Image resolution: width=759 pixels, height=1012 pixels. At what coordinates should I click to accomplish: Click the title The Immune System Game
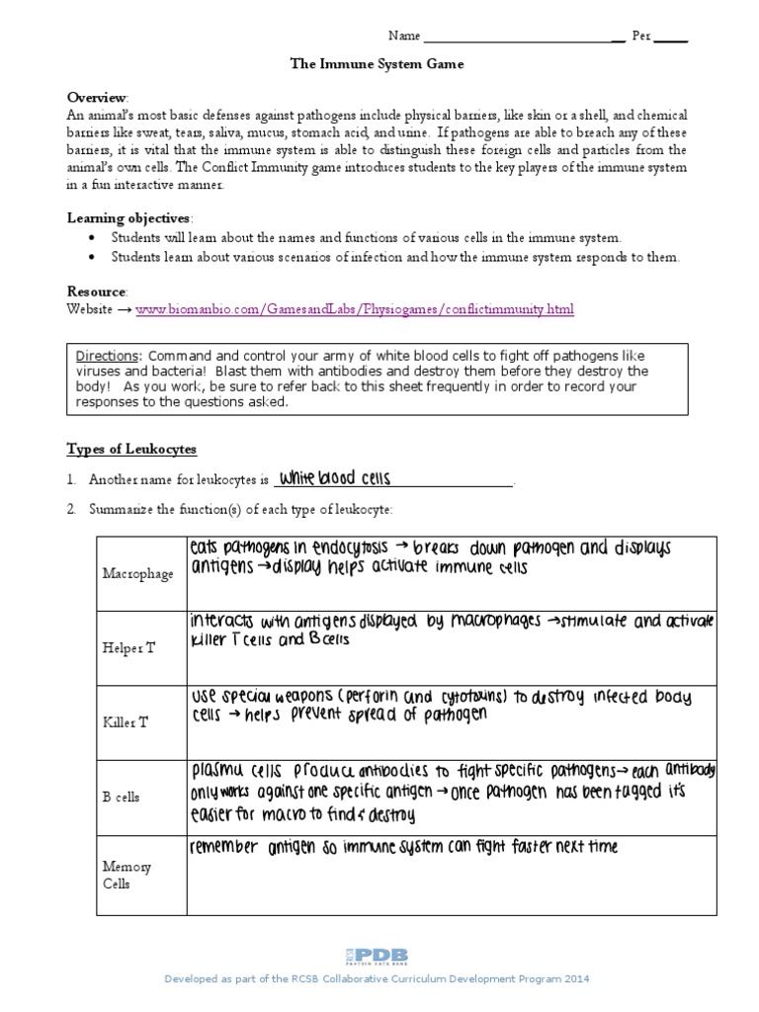[376, 63]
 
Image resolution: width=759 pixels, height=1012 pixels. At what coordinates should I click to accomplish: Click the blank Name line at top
[522, 37]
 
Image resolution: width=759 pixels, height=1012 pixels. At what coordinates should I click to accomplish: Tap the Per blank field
[671, 37]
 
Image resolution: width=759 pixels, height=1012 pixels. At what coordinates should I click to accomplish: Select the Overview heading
[97, 97]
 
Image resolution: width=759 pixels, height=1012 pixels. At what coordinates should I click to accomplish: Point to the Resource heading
[97, 293]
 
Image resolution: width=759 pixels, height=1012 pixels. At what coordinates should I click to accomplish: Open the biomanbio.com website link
[354, 310]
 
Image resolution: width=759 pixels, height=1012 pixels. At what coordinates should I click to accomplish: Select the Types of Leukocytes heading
[131, 449]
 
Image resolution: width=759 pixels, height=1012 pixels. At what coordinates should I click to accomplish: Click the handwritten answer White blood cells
[335, 478]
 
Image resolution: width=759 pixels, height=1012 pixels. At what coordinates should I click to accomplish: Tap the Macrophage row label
[136, 574]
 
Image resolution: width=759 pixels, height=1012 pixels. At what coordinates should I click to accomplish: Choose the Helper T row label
[129, 648]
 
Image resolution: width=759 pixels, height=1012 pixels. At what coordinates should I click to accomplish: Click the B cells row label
[123, 796]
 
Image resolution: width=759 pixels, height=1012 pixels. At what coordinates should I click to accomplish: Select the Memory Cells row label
[127, 876]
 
